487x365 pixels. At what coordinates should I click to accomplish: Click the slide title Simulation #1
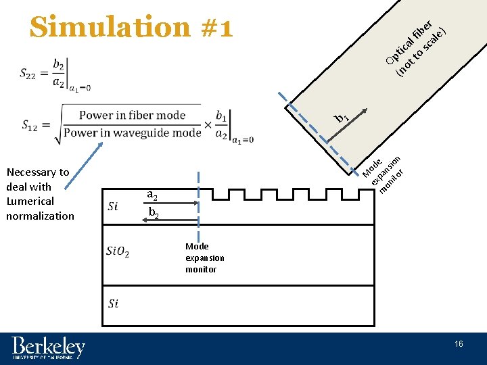pyautogui.click(x=132, y=27)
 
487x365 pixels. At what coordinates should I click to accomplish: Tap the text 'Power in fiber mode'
pyautogui.click(x=132, y=115)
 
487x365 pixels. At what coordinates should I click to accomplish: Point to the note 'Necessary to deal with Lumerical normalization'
pyautogui.click(x=40, y=194)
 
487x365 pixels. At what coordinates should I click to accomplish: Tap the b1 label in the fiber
pyautogui.click(x=341, y=119)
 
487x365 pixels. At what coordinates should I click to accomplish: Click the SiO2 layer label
pyautogui.click(x=118, y=252)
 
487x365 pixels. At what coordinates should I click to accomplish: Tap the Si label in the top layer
pyautogui.click(x=113, y=206)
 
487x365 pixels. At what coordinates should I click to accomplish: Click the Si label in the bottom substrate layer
pyautogui.click(x=113, y=303)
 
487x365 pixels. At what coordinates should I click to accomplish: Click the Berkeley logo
pyautogui.click(x=48, y=348)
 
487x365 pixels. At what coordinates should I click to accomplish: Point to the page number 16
pyautogui.click(x=459, y=345)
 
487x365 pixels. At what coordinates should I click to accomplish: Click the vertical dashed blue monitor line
pyautogui.click(x=198, y=203)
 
